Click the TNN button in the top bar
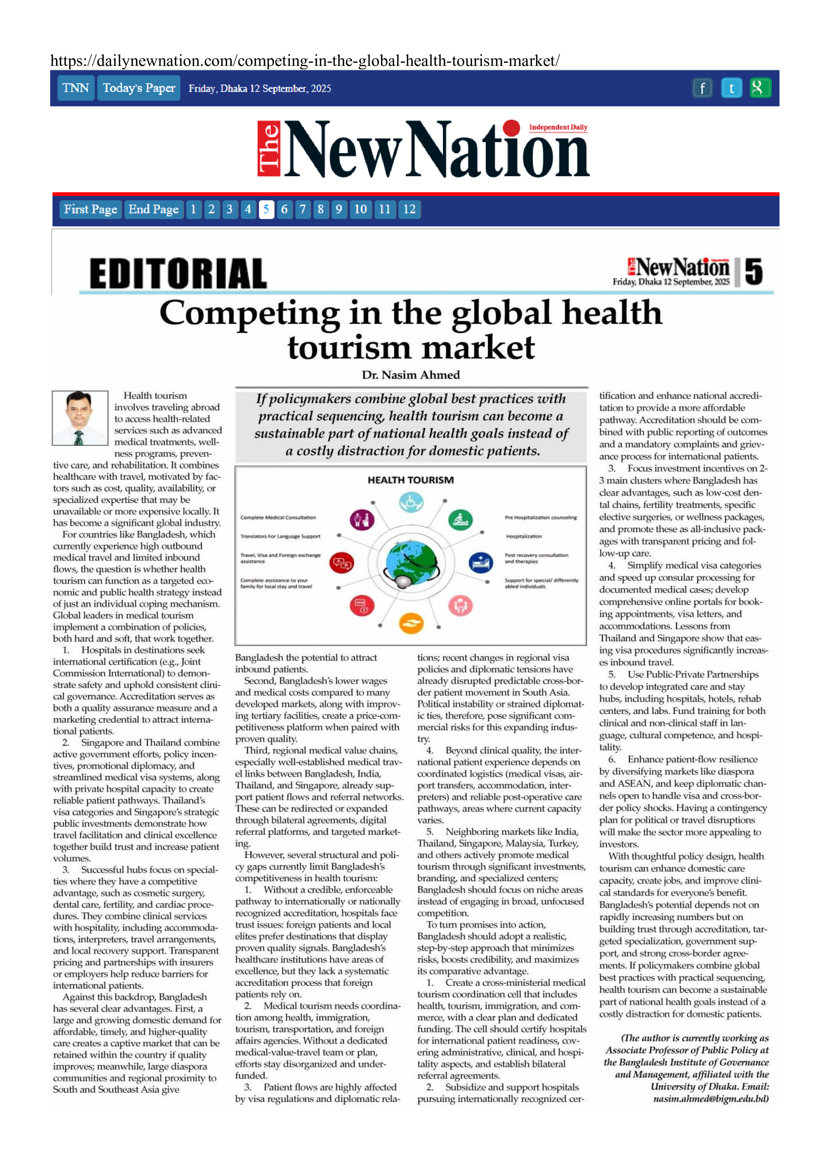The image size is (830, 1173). pos(76,88)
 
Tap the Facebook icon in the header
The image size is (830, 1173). pos(702,88)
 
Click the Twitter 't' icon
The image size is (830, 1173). pos(731,88)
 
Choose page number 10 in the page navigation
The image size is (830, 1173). pos(360,209)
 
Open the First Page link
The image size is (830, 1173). pos(90,209)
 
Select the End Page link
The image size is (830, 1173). pos(153,209)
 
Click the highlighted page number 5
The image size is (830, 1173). pos(266,209)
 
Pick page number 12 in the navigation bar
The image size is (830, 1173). pos(409,209)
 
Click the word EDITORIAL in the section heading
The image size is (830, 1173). pos(178,274)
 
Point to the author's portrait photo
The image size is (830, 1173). pos(80,418)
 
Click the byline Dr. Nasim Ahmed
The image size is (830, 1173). pos(410,375)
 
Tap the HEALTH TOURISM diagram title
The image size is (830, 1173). pos(410,480)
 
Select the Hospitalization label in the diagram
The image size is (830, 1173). pos(524,536)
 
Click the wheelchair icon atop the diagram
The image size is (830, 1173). pos(411,503)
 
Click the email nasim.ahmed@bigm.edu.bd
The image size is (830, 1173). pos(711,1099)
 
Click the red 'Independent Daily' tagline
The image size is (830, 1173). pos(558,127)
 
